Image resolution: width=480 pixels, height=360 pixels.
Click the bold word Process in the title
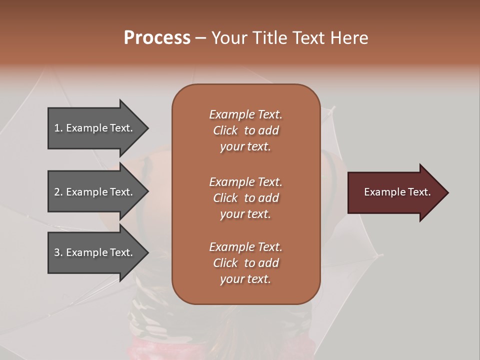coord(157,38)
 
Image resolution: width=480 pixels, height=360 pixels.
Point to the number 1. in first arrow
coord(58,128)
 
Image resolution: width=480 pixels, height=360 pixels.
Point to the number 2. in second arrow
coord(58,192)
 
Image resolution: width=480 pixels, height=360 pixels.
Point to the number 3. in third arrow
coord(58,252)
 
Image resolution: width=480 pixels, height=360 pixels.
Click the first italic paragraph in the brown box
coord(245,130)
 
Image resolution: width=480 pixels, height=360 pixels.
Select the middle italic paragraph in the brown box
coord(245,198)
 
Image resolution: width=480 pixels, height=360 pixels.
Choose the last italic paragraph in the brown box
coord(245,263)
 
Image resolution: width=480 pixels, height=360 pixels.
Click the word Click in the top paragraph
coord(225,130)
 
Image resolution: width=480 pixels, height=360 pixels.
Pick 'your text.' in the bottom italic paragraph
coord(245,279)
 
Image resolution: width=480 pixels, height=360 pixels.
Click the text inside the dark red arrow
coord(397,192)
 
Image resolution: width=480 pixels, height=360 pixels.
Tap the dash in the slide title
coord(200,38)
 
